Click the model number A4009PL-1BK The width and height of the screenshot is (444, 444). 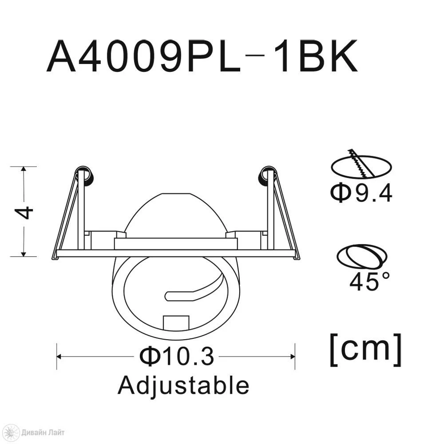tap(202, 56)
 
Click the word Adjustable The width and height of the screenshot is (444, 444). tap(183, 386)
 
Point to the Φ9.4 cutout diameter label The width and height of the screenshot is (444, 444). tap(361, 193)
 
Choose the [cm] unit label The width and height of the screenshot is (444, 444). tap(366, 350)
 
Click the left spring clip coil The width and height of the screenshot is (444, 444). tap(84, 176)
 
